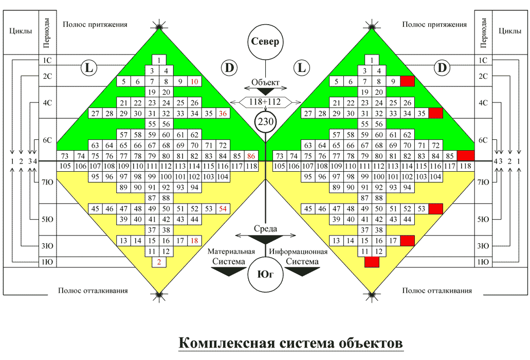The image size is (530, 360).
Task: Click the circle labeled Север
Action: [x=265, y=42]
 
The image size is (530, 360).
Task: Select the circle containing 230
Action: [x=265, y=122]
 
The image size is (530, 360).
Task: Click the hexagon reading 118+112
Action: [x=265, y=102]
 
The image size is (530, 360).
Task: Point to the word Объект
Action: [x=265, y=82]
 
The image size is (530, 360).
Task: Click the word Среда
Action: [x=265, y=228]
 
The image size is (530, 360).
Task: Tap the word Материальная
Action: [x=231, y=251]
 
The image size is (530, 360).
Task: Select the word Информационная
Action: [x=299, y=251]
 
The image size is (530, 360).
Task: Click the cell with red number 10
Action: [x=195, y=81]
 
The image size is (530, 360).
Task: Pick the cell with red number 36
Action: [x=223, y=113]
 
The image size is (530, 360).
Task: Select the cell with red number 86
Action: [x=251, y=155]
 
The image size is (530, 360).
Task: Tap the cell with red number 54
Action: [x=223, y=209]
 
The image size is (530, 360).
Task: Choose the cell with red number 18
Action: [x=195, y=241]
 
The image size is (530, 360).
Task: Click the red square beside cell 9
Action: [x=407, y=81]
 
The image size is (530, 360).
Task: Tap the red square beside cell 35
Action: [x=435, y=113]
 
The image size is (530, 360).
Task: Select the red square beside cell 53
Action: [x=435, y=209]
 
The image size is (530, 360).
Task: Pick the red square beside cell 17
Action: [x=407, y=241]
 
